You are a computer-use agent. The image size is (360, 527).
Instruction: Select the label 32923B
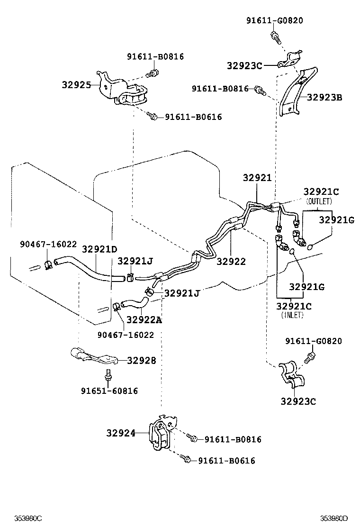pos(324,98)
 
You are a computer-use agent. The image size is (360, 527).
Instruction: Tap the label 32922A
pos(144,320)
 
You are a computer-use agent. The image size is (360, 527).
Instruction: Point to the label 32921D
pos(99,249)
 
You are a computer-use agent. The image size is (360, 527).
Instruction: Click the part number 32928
pos(141,361)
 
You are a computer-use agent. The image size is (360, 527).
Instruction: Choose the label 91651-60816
pos(109,391)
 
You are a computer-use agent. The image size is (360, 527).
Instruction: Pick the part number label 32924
pos(121,433)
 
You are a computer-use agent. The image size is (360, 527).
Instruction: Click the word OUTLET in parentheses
pos(319,201)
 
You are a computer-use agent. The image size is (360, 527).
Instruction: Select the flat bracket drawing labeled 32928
pos(92,356)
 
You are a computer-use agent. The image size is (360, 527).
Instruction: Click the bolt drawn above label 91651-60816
pos(109,374)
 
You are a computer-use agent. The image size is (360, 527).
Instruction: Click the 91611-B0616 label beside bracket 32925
pos(193,117)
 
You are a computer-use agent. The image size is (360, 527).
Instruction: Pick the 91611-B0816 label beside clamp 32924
pos(233,439)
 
